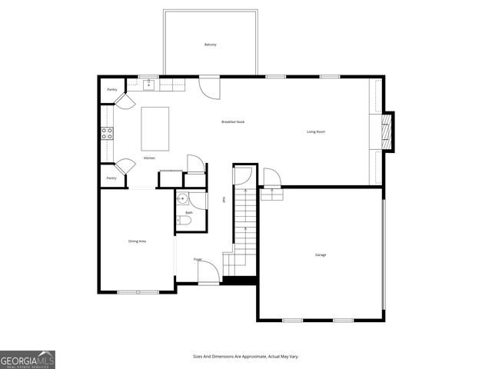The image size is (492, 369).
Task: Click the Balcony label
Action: click(x=210, y=45)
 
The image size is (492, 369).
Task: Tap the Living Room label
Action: click(x=316, y=131)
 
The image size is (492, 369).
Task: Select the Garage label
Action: click(x=320, y=254)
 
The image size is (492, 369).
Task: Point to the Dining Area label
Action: click(x=137, y=241)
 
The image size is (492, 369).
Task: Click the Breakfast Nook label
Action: click(x=232, y=121)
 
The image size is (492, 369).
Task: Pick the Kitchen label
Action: click(x=149, y=158)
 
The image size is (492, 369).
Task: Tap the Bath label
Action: click(x=189, y=212)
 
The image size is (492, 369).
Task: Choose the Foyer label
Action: click(x=198, y=259)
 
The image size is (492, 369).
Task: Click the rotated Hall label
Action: click(x=224, y=200)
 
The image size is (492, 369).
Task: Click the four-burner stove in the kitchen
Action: click(x=108, y=132)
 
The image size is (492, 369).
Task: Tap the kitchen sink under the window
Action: click(x=148, y=83)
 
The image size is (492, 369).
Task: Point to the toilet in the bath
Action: click(x=184, y=221)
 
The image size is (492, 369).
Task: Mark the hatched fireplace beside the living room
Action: click(x=388, y=131)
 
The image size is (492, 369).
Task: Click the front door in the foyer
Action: click(x=208, y=275)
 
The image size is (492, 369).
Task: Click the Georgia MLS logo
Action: click(x=28, y=359)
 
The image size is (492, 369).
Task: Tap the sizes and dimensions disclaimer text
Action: click(x=245, y=357)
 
